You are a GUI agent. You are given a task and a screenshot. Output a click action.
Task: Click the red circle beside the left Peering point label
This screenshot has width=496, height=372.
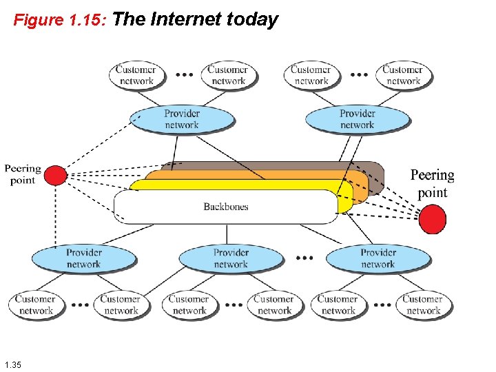pos(56,176)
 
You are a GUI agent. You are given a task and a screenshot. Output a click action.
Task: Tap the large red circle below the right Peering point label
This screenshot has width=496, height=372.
pos(433,220)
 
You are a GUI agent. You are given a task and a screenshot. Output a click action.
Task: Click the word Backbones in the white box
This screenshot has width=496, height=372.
pos(226,207)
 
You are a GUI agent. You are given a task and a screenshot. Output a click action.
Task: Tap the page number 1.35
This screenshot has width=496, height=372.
pos(12,364)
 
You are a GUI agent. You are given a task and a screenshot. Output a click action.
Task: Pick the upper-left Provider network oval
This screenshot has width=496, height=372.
pos(182,119)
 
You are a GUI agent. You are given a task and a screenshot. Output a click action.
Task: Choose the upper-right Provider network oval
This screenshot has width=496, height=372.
pos(357,119)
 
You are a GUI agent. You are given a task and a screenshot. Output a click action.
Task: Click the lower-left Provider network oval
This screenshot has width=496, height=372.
pos(83,258)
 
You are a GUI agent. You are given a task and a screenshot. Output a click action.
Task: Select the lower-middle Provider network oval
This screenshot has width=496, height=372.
pos(231,258)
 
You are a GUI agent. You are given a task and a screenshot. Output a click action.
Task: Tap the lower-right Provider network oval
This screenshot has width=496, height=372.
pos(378,258)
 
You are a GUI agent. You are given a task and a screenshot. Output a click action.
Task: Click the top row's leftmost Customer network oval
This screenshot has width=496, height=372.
pos(136,75)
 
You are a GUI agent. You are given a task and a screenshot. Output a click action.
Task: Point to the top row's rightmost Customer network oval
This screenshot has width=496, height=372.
pos(403,75)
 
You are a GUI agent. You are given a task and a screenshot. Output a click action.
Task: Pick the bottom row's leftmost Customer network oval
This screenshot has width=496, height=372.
pos(36,304)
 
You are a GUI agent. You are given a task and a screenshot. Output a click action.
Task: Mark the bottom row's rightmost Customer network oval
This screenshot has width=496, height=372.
pos(423,304)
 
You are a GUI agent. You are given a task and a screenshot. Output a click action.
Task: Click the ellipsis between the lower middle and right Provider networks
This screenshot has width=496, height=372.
pos(304,258)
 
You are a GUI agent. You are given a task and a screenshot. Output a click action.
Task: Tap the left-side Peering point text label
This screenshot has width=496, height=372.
pos(23,174)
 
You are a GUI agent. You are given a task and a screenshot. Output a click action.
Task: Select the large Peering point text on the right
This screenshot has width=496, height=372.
pos(433,183)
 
